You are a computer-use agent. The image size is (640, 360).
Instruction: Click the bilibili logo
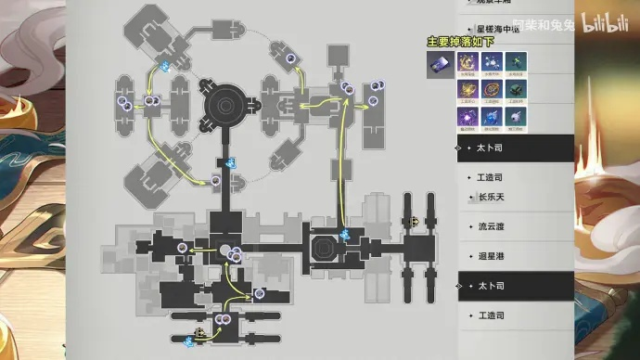point(604,21)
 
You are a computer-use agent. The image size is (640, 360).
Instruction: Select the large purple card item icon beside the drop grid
point(440,64)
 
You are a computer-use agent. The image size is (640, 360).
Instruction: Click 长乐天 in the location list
point(492,197)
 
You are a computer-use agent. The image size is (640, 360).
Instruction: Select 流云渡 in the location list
point(492,226)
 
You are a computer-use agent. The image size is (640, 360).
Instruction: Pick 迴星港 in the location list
point(492,255)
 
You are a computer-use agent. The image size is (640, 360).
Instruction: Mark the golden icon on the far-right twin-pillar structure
point(414,221)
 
